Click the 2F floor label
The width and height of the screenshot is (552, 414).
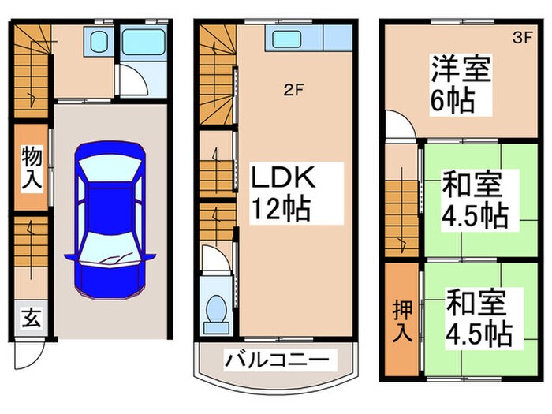pos(293,89)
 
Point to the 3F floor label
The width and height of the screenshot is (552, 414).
pos(522,36)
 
